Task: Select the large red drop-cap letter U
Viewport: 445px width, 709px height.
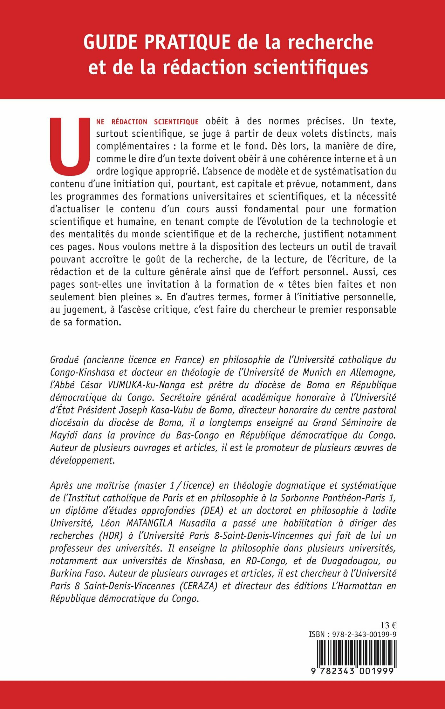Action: coord(70,146)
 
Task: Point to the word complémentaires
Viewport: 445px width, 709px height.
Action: coord(133,146)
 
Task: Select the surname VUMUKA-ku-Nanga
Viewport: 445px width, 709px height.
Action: coord(146,385)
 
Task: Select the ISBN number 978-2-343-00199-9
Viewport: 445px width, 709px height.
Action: coord(364,634)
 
